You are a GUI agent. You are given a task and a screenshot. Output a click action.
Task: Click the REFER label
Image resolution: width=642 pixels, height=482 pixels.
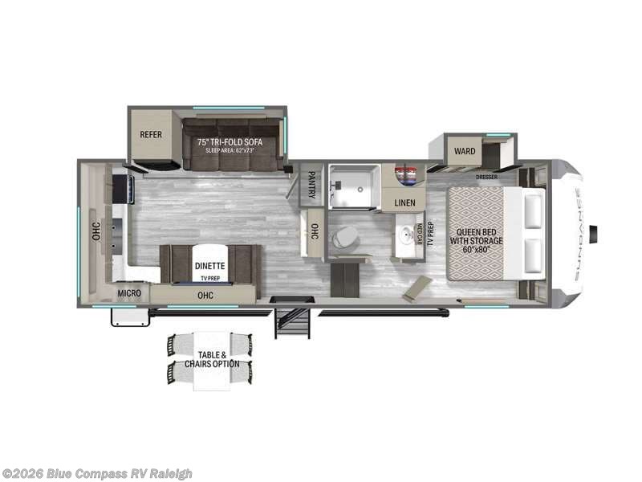152,134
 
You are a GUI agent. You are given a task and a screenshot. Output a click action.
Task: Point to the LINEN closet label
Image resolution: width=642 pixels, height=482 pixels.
404,202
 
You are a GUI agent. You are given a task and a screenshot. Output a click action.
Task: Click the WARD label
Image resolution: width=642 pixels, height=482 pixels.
465,150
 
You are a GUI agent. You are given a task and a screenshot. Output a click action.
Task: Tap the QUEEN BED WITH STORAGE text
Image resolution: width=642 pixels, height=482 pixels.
476,233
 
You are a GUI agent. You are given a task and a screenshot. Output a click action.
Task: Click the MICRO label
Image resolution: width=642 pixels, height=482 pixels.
129,293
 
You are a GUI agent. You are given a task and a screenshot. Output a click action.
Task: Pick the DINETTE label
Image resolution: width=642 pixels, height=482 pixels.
209,265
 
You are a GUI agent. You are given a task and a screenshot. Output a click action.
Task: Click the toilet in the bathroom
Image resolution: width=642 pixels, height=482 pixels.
347,237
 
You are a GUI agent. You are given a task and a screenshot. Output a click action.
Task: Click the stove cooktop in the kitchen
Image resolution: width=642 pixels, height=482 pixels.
124,189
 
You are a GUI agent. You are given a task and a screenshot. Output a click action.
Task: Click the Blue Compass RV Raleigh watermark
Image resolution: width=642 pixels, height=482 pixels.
97,473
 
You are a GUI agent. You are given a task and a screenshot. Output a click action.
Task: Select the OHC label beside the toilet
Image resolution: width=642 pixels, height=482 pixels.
314,233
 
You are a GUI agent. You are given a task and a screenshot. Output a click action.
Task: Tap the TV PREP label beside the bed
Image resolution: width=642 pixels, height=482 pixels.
430,233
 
